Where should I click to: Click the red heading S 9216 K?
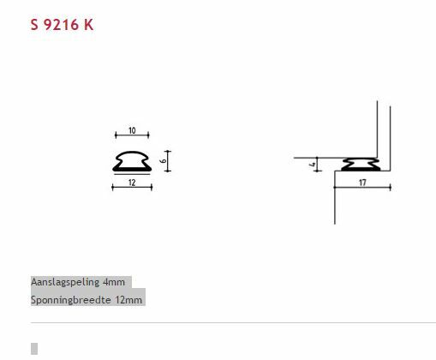click(x=62, y=25)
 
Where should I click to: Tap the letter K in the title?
click(x=89, y=25)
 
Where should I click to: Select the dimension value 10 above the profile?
click(x=132, y=130)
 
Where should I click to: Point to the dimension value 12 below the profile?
click(x=132, y=182)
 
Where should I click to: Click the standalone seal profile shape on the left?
click(x=132, y=159)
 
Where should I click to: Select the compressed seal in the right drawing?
click(x=360, y=164)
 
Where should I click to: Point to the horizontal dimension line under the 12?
click(x=132, y=188)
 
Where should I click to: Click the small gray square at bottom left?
click(x=34, y=348)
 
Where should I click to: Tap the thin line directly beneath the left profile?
click(x=132, y=174)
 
